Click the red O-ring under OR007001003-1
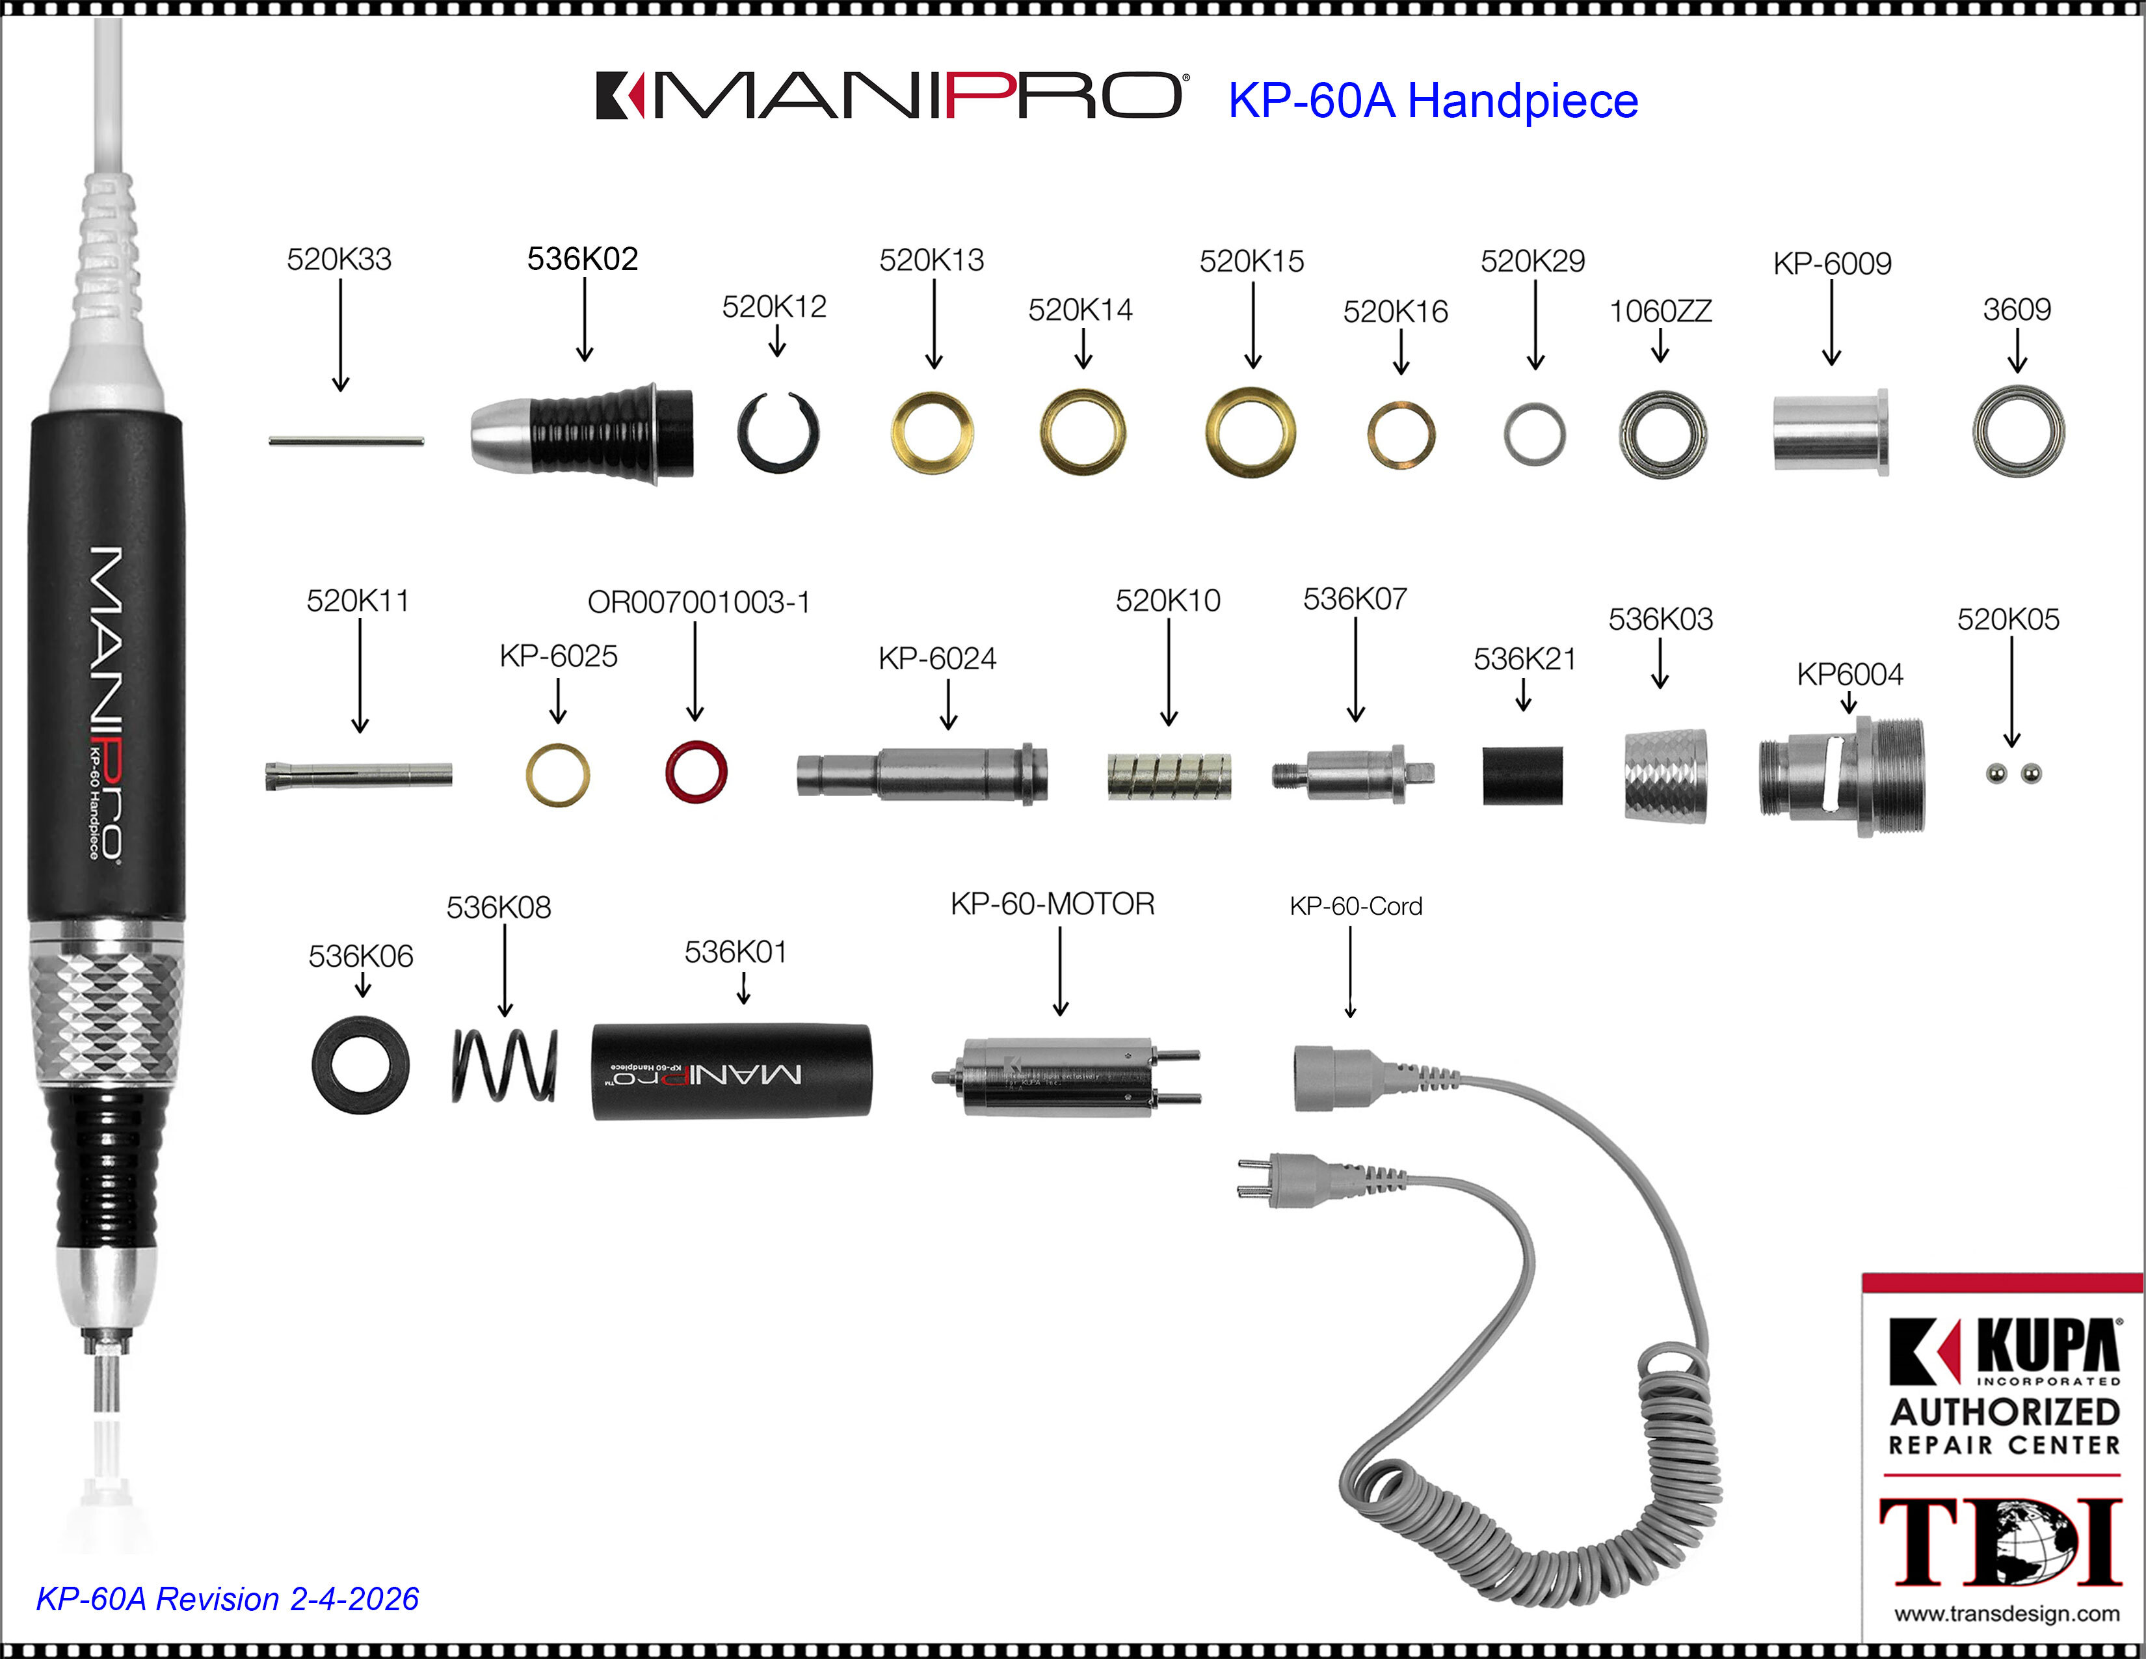tap(696, 772)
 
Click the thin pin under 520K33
tap(346, 440)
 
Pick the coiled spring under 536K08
tap(504, 1066)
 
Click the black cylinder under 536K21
tap(1522, 776)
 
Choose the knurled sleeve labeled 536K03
tap(1665, 776)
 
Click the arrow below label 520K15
tap(1253, 325)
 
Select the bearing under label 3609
tap(2019, 431)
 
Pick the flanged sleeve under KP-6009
tap(1829, 433)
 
